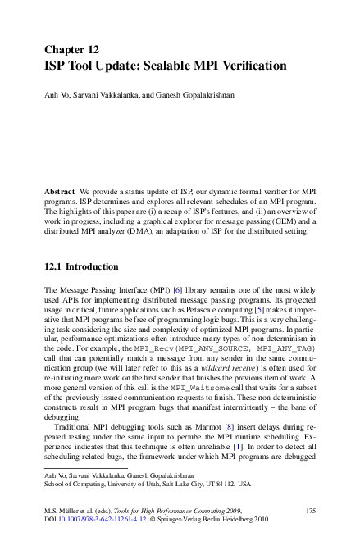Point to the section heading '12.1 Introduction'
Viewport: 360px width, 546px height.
(x=80, y=266)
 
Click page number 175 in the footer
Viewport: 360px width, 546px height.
(x=309, y=511)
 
